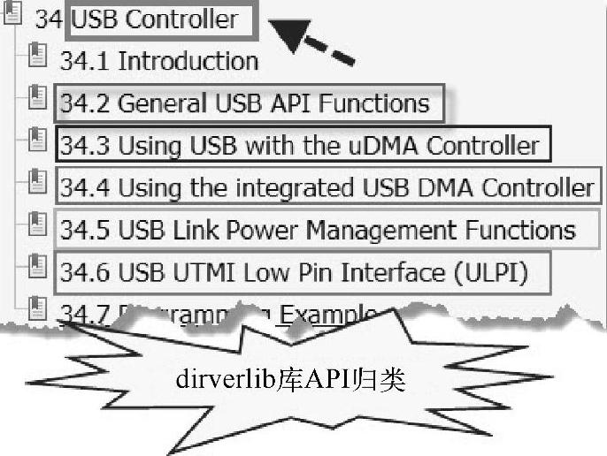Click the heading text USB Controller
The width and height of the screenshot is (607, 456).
pos(154,19)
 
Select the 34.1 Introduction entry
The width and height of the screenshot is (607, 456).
pos(158,60)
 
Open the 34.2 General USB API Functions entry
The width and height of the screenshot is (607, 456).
pos(243,103)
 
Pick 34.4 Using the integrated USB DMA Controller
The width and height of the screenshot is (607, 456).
pos(327,187)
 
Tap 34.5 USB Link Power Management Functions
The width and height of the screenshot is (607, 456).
pos(318,230)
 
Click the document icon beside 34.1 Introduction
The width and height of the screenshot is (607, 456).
pos(36,57)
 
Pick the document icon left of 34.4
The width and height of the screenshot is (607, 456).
pos(36,182)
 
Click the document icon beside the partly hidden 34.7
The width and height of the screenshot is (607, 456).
pos(36,307)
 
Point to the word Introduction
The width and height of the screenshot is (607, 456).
pos(188,60)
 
